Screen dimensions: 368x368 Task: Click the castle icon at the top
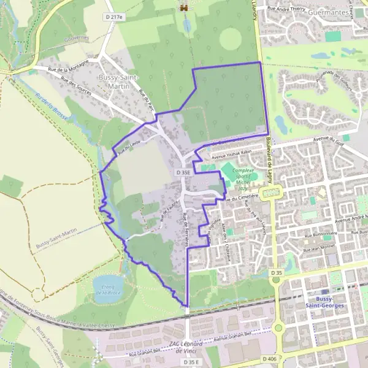click(182, 8)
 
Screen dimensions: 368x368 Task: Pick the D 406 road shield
click(268, 358)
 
